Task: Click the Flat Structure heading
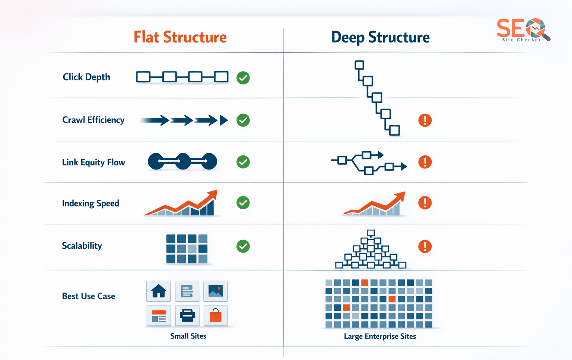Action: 180,37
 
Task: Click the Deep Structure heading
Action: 380,37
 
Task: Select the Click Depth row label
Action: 86,77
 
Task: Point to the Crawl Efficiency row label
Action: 93,120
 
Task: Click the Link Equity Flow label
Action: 93,162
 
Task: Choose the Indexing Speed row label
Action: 90,203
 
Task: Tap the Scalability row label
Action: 82,246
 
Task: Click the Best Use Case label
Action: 88,296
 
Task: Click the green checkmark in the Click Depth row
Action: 243,78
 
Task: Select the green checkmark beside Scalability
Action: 243,246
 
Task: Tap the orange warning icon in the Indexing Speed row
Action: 425,203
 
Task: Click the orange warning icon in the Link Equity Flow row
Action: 425,162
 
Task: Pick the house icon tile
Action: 159,291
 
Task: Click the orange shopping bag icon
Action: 216,316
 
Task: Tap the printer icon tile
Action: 187,316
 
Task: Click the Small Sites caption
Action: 188,336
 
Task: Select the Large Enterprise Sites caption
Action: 380,337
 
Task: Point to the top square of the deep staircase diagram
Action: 359,65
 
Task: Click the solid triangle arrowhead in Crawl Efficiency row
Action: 223,120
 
